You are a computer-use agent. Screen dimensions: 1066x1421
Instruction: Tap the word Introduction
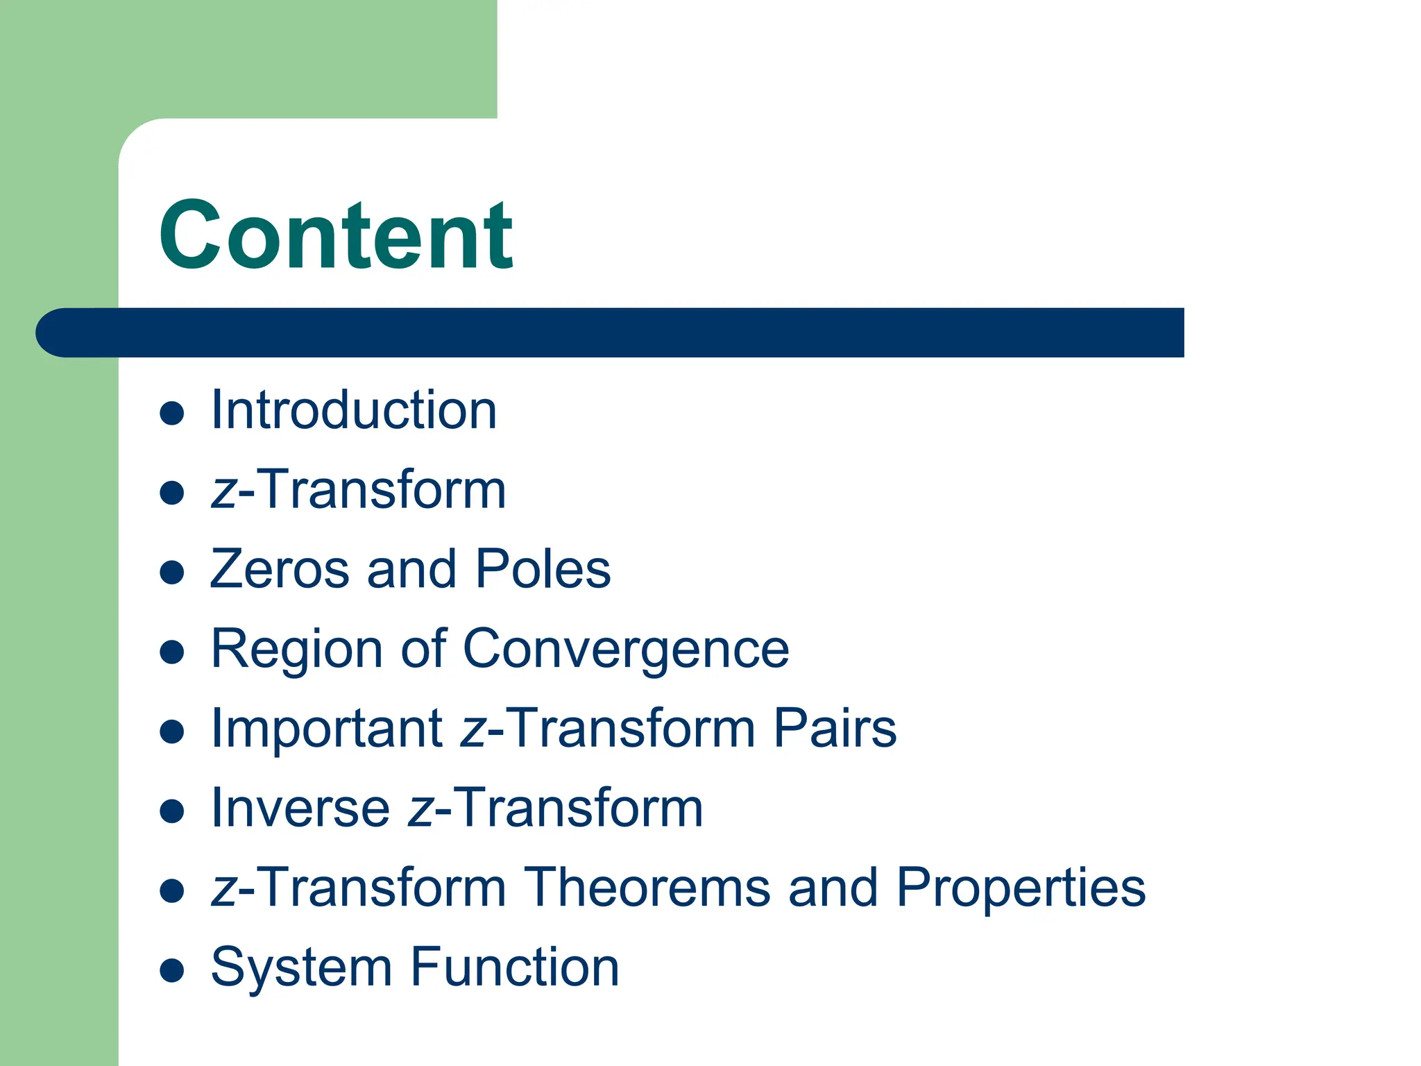click(x=354, y=410)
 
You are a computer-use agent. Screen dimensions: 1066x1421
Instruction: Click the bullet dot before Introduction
click(x=171, y=414)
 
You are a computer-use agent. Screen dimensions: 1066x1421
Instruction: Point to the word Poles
click(x=543, y=569)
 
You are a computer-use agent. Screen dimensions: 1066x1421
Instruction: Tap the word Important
click(x=327, y=728)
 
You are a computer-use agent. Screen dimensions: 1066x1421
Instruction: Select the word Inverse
click(x=300, y=808)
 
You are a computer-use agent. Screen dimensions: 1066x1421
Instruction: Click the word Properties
click(x=1021, y=888)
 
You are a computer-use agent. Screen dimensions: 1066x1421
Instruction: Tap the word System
click(x=301, y=967)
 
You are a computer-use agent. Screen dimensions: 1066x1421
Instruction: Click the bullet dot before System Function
click(x=171, y=971)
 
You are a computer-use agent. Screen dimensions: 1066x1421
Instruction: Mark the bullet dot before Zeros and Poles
click(x=171, y=573)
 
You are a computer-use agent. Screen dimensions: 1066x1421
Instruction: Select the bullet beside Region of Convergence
click(x=171, y=652)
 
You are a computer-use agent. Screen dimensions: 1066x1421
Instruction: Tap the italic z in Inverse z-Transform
click(x=420, y=811)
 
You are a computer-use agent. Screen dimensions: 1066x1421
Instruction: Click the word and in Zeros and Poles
click(x=411, y=569)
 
